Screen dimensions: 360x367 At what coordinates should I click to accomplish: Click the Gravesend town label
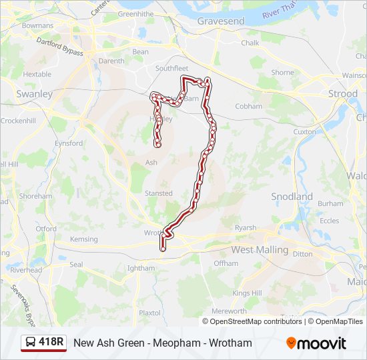click(x=222, y=21)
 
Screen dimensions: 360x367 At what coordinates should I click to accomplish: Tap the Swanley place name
click(x=34, y=94)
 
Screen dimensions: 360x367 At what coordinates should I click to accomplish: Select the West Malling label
click(x=260, y=250)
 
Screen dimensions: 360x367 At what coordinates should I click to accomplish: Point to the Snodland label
click(x=292, y=197)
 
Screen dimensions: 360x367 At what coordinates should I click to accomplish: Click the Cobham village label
click(x=248, y=106)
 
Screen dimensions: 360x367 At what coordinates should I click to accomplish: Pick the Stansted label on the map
click(x=159, y=193)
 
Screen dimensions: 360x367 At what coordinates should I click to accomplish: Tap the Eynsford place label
click(x=69, y=143)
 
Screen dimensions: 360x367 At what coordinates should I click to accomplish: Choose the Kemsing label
click(x=83, y=239)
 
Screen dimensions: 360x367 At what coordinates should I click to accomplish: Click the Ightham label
click(x=141, y=268)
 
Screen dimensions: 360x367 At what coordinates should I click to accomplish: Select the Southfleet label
click(x=172, y=68)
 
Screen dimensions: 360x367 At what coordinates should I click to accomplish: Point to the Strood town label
click(x=343, y=94)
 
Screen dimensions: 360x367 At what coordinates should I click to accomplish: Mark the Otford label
click(x=46, y=229)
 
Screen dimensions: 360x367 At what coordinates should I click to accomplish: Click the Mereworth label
click(x=229, y=311)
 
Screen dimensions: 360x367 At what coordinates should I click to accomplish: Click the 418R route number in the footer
click(x=51, y=342)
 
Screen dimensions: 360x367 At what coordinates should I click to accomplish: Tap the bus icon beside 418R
click(x=31, y=343)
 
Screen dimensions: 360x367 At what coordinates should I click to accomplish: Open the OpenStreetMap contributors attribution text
click(x=256, y=321)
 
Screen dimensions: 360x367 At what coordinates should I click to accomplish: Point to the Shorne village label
click(x=282, y=73)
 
